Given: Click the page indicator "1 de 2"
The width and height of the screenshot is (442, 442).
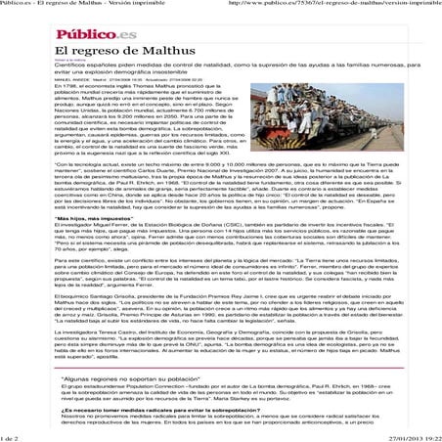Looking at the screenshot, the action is tap(13, 435).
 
